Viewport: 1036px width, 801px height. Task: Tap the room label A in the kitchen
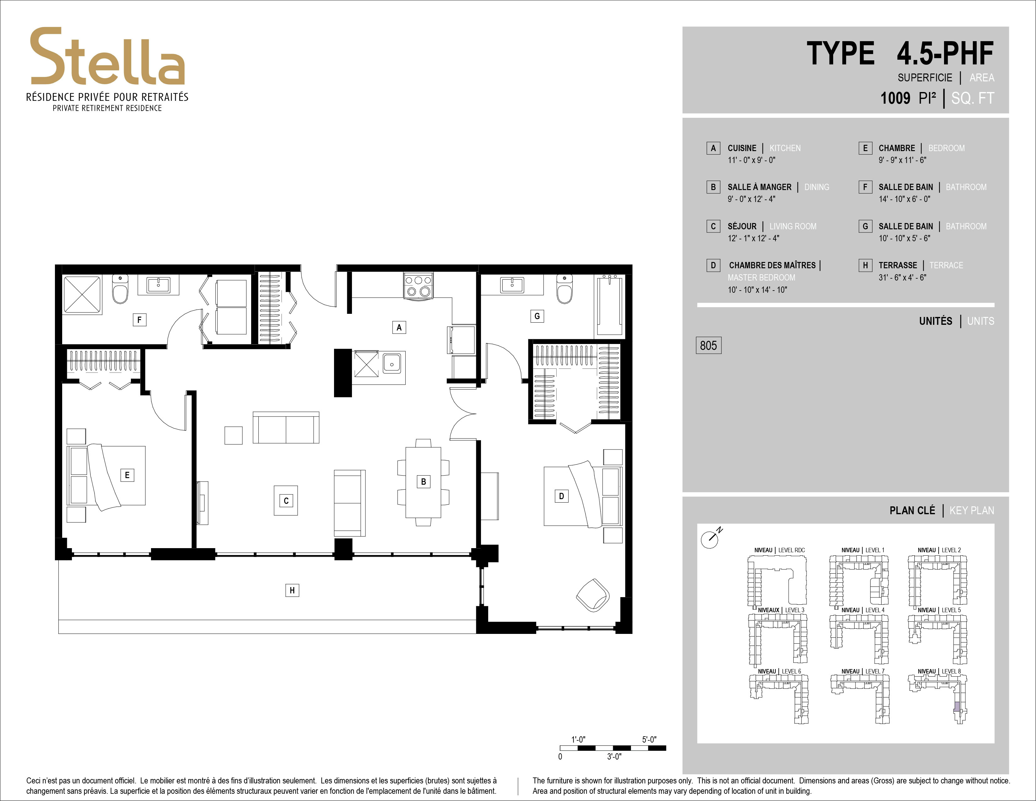399,327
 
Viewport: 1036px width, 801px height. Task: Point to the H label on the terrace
292,590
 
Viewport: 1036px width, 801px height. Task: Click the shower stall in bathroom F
83,295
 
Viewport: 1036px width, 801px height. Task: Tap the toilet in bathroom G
564,290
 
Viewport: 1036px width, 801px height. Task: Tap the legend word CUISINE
742,148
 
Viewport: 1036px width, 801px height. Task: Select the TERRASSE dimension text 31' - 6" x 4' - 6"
902,278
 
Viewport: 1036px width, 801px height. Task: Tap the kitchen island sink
392,364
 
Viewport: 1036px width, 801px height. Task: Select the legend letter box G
865,226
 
